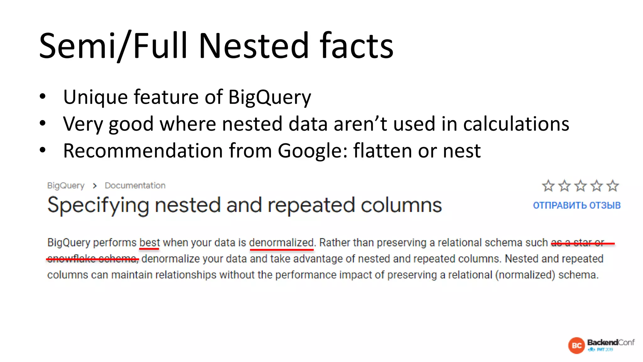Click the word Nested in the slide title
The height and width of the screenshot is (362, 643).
click(x=254, y=46)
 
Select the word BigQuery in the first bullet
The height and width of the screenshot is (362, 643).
click(x=269, y=97)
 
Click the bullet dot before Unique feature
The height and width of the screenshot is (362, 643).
click(x=43, y=96)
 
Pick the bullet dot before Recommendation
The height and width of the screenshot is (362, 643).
click(x=43, y=150)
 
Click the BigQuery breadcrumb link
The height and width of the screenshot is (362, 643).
click(x=66, y=186)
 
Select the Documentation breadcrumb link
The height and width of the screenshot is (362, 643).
click(x=135, y=186)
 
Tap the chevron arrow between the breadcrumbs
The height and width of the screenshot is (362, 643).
click(x=95, y=186)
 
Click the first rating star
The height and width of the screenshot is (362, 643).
click(x=548, y=186)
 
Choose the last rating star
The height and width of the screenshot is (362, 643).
click(x=613, y=186)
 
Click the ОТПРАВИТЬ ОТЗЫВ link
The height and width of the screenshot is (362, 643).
click(x=577, y=206)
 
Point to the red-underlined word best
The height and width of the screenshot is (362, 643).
click(x=149, y=243)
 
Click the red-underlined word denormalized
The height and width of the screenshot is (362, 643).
click(x=281, y=243)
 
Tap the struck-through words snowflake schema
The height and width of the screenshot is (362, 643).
click(x=93, y=259)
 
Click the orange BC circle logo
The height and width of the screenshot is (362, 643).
click(x=576, y=346)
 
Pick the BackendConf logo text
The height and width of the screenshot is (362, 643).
click(x=611, y=343)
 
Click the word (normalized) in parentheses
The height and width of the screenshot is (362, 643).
click(x=525, y=275)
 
